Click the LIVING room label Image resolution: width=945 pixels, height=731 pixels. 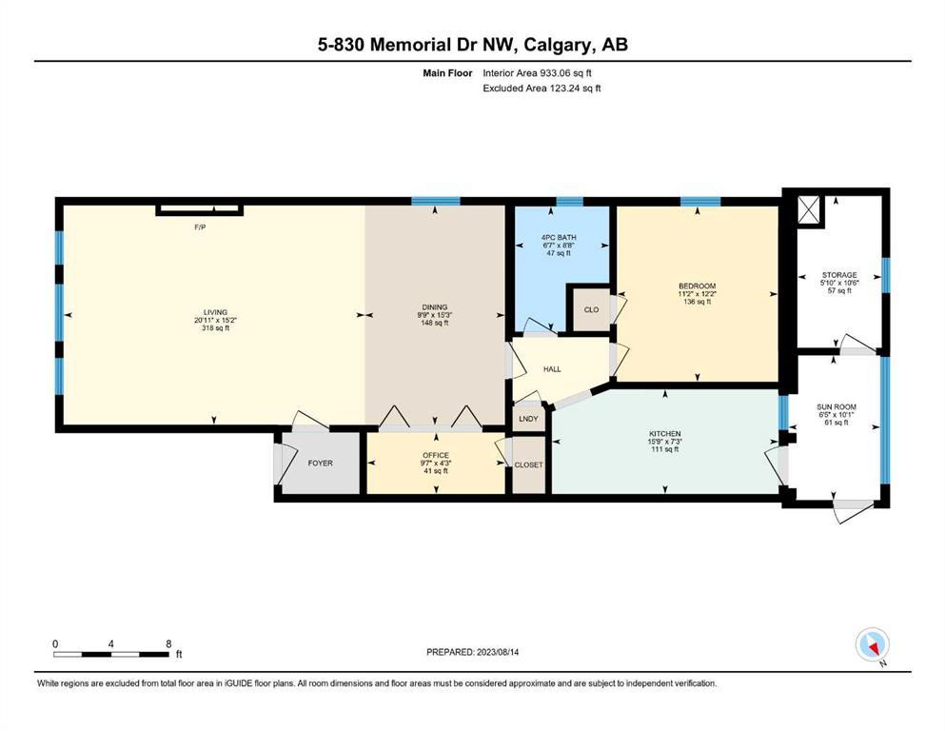215,312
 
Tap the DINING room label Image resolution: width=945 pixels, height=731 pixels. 435,307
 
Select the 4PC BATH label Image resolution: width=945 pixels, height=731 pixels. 559,237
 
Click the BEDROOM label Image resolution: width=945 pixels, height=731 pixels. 698,286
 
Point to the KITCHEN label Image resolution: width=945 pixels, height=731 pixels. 665,434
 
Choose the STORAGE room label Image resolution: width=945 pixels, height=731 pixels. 839,275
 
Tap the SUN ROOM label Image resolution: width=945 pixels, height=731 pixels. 837,406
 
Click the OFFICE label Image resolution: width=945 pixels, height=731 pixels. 436,456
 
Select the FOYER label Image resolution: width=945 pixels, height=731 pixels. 320,463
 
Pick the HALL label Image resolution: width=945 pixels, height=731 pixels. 552,368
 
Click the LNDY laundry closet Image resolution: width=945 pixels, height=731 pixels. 528,419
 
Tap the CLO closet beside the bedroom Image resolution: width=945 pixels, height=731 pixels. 591,309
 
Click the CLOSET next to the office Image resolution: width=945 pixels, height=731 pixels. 528,464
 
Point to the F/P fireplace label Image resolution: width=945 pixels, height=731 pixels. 200,227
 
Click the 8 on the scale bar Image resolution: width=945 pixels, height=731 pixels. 168,643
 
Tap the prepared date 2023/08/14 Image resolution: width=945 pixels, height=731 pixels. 498,652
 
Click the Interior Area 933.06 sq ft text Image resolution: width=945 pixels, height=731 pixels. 537,73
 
